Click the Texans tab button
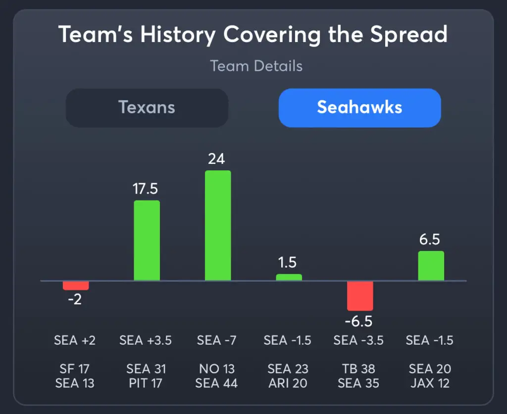[x=147, y=107]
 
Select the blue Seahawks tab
[x=359, y=107]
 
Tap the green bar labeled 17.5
[x=147, y=241]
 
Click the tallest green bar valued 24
[x=218, y=226]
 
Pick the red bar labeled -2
[x=75, y=285]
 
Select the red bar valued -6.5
[x=360, y=296]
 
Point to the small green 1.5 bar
[x=289, y=277]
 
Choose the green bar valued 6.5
[x=431, y=266]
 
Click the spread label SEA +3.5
[x=146, y=341]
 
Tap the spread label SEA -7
[x=217, y=341]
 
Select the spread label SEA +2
[x=75, y=341]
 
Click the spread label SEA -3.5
[x=359, y=341]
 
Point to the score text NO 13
[x=217, y=369]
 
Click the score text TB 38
[x=359, y=369]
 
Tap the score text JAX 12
[x=430, y=383]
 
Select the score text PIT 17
[x=146, y=383]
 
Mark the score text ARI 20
[x=288, y=383]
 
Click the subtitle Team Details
[x=256, y=66]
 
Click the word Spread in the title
[x=409, y=35]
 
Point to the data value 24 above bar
[x=217, y=158]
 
